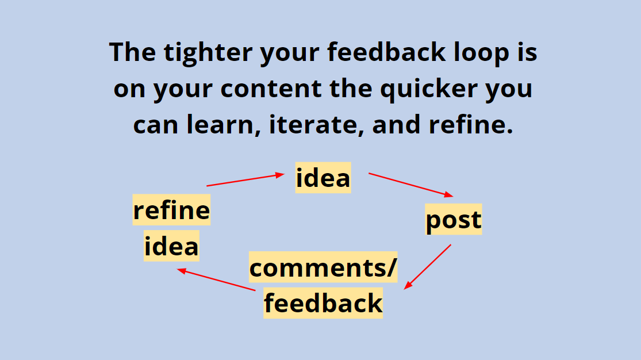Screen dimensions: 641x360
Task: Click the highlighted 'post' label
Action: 454,220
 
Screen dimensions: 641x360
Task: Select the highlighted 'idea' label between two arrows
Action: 323,178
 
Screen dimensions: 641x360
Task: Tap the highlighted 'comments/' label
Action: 323,268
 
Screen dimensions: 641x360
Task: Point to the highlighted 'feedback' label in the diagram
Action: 323,303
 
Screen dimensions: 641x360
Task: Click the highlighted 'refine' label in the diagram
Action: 172,210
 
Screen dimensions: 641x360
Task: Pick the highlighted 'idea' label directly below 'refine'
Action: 171,246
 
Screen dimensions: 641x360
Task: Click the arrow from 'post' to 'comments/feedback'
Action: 428,266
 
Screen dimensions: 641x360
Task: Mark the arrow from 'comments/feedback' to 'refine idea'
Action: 216,279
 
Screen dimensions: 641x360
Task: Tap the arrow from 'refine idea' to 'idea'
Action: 245,180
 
